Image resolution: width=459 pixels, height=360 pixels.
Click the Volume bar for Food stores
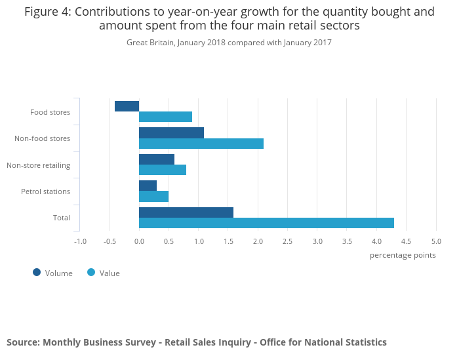pos(127,106)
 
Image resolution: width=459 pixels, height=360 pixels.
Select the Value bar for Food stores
pos(165,117)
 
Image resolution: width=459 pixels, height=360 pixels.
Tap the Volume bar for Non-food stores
pos(171,132)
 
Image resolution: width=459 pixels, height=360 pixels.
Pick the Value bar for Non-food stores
pos(201,144)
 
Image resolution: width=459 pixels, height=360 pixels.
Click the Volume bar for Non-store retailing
pos(157,159)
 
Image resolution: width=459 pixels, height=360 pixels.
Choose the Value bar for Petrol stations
pos(153,197)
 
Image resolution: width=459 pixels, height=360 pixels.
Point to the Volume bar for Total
pos(186,212)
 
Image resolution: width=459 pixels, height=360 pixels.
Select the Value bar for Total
pos(266,223)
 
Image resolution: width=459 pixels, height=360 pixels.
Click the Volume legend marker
pos(37,272)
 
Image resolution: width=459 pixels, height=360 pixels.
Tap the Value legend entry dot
pos(91,272)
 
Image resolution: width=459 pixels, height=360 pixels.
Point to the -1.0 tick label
pos(80,241)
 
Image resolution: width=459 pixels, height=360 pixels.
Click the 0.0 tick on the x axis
pos(139,241)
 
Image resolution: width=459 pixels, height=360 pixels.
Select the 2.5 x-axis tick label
pos(287,241)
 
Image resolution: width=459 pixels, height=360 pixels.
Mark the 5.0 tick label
pos(436,241)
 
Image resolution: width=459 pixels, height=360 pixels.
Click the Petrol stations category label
pos(45,192)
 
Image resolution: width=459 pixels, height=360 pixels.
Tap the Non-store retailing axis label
pos(38,165)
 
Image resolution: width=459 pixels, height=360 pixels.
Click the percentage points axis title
pos(403,255)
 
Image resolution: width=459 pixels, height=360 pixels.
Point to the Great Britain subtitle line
pos(229,43)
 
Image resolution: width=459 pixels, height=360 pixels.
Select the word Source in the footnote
pos(22,342)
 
